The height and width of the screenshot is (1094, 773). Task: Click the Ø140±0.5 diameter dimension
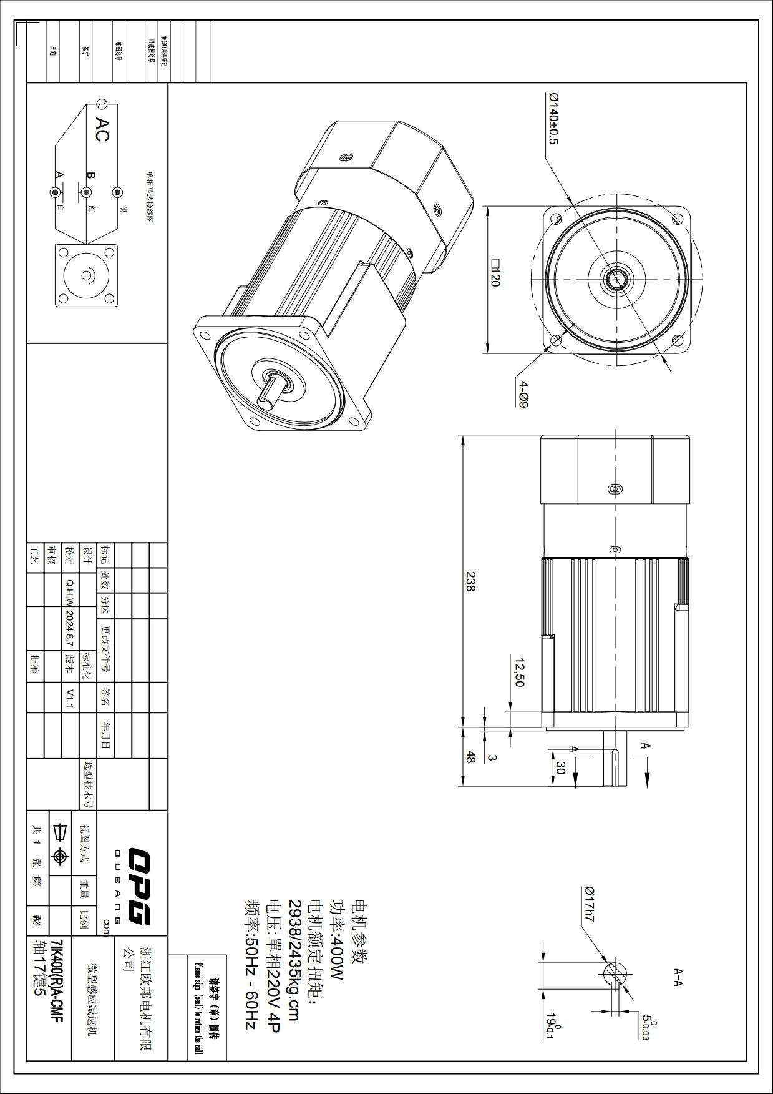tap(554, 119)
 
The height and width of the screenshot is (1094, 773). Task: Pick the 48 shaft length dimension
tap(470, 757)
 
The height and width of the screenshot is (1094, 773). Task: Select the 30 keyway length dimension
tap(560, 768)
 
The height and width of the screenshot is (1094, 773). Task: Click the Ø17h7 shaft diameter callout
tap(589, 904)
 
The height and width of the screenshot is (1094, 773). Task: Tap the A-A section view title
tap(678, 978)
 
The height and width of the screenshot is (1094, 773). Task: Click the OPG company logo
tap(139, 886)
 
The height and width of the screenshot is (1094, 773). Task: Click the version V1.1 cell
tap(69, 698)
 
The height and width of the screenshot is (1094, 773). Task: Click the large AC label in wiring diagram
tap(102, 130)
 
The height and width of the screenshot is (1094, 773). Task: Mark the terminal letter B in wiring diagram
tap(91, 176)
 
